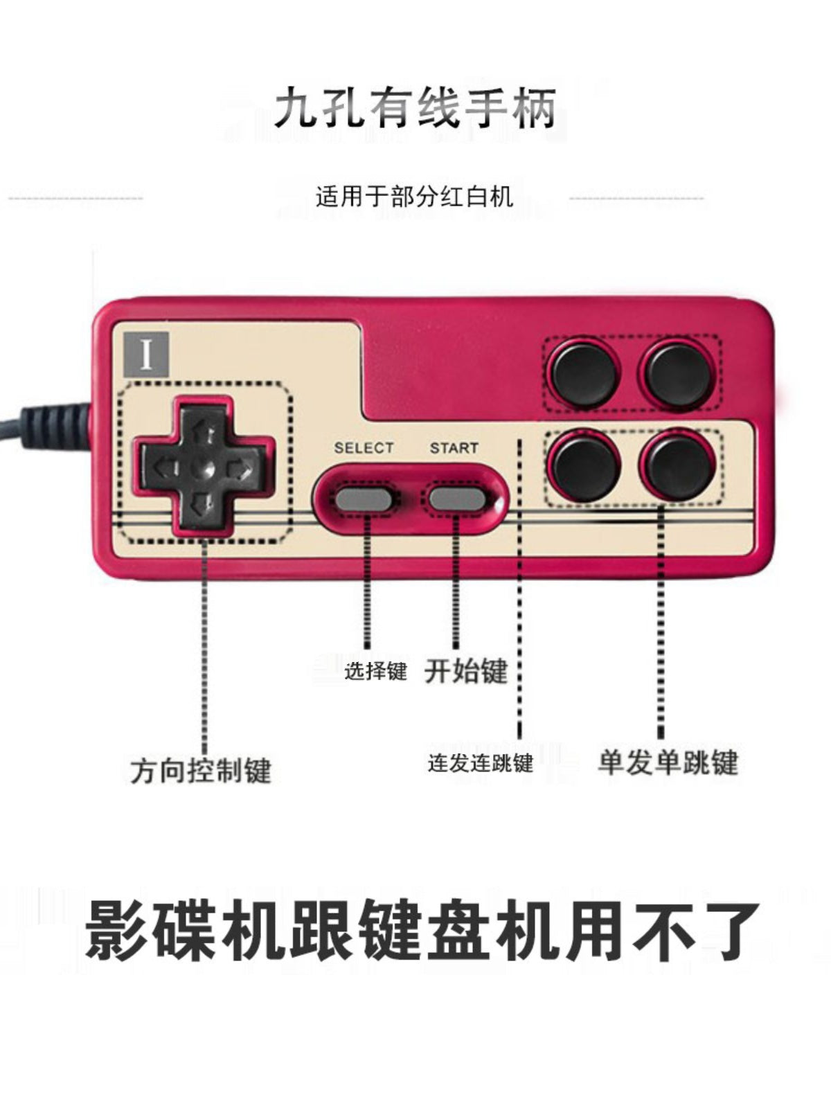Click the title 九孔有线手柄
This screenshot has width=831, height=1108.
tap(415, 107)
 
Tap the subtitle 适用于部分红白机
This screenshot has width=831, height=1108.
tap(415, 197)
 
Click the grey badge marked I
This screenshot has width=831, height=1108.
tap(146, 355)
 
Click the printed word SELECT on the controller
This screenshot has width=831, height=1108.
tap(364, 448)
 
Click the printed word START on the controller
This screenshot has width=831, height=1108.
tap(454, 448)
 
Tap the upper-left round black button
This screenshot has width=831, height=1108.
tap(585, 374)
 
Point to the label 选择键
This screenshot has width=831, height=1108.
tap(375, 671)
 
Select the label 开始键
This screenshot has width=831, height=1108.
tap(465, 671)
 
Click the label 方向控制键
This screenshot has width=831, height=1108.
tap(202, 770)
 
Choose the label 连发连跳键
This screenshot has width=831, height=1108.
tap(480, 763)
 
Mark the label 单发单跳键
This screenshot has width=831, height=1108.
tap(668, 762)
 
